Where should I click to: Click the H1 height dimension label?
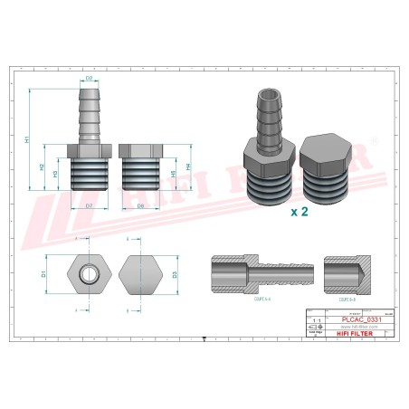tap(28, 140)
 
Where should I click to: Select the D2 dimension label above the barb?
tap(90, 80)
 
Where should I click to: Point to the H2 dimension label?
tap(43, 166)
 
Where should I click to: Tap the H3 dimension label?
tap(56, 175)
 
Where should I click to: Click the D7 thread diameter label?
tap(90, 206)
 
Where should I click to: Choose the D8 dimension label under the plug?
tap(141, 206)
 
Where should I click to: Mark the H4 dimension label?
tap(188, 166)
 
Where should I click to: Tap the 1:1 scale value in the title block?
tap(315, 319)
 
